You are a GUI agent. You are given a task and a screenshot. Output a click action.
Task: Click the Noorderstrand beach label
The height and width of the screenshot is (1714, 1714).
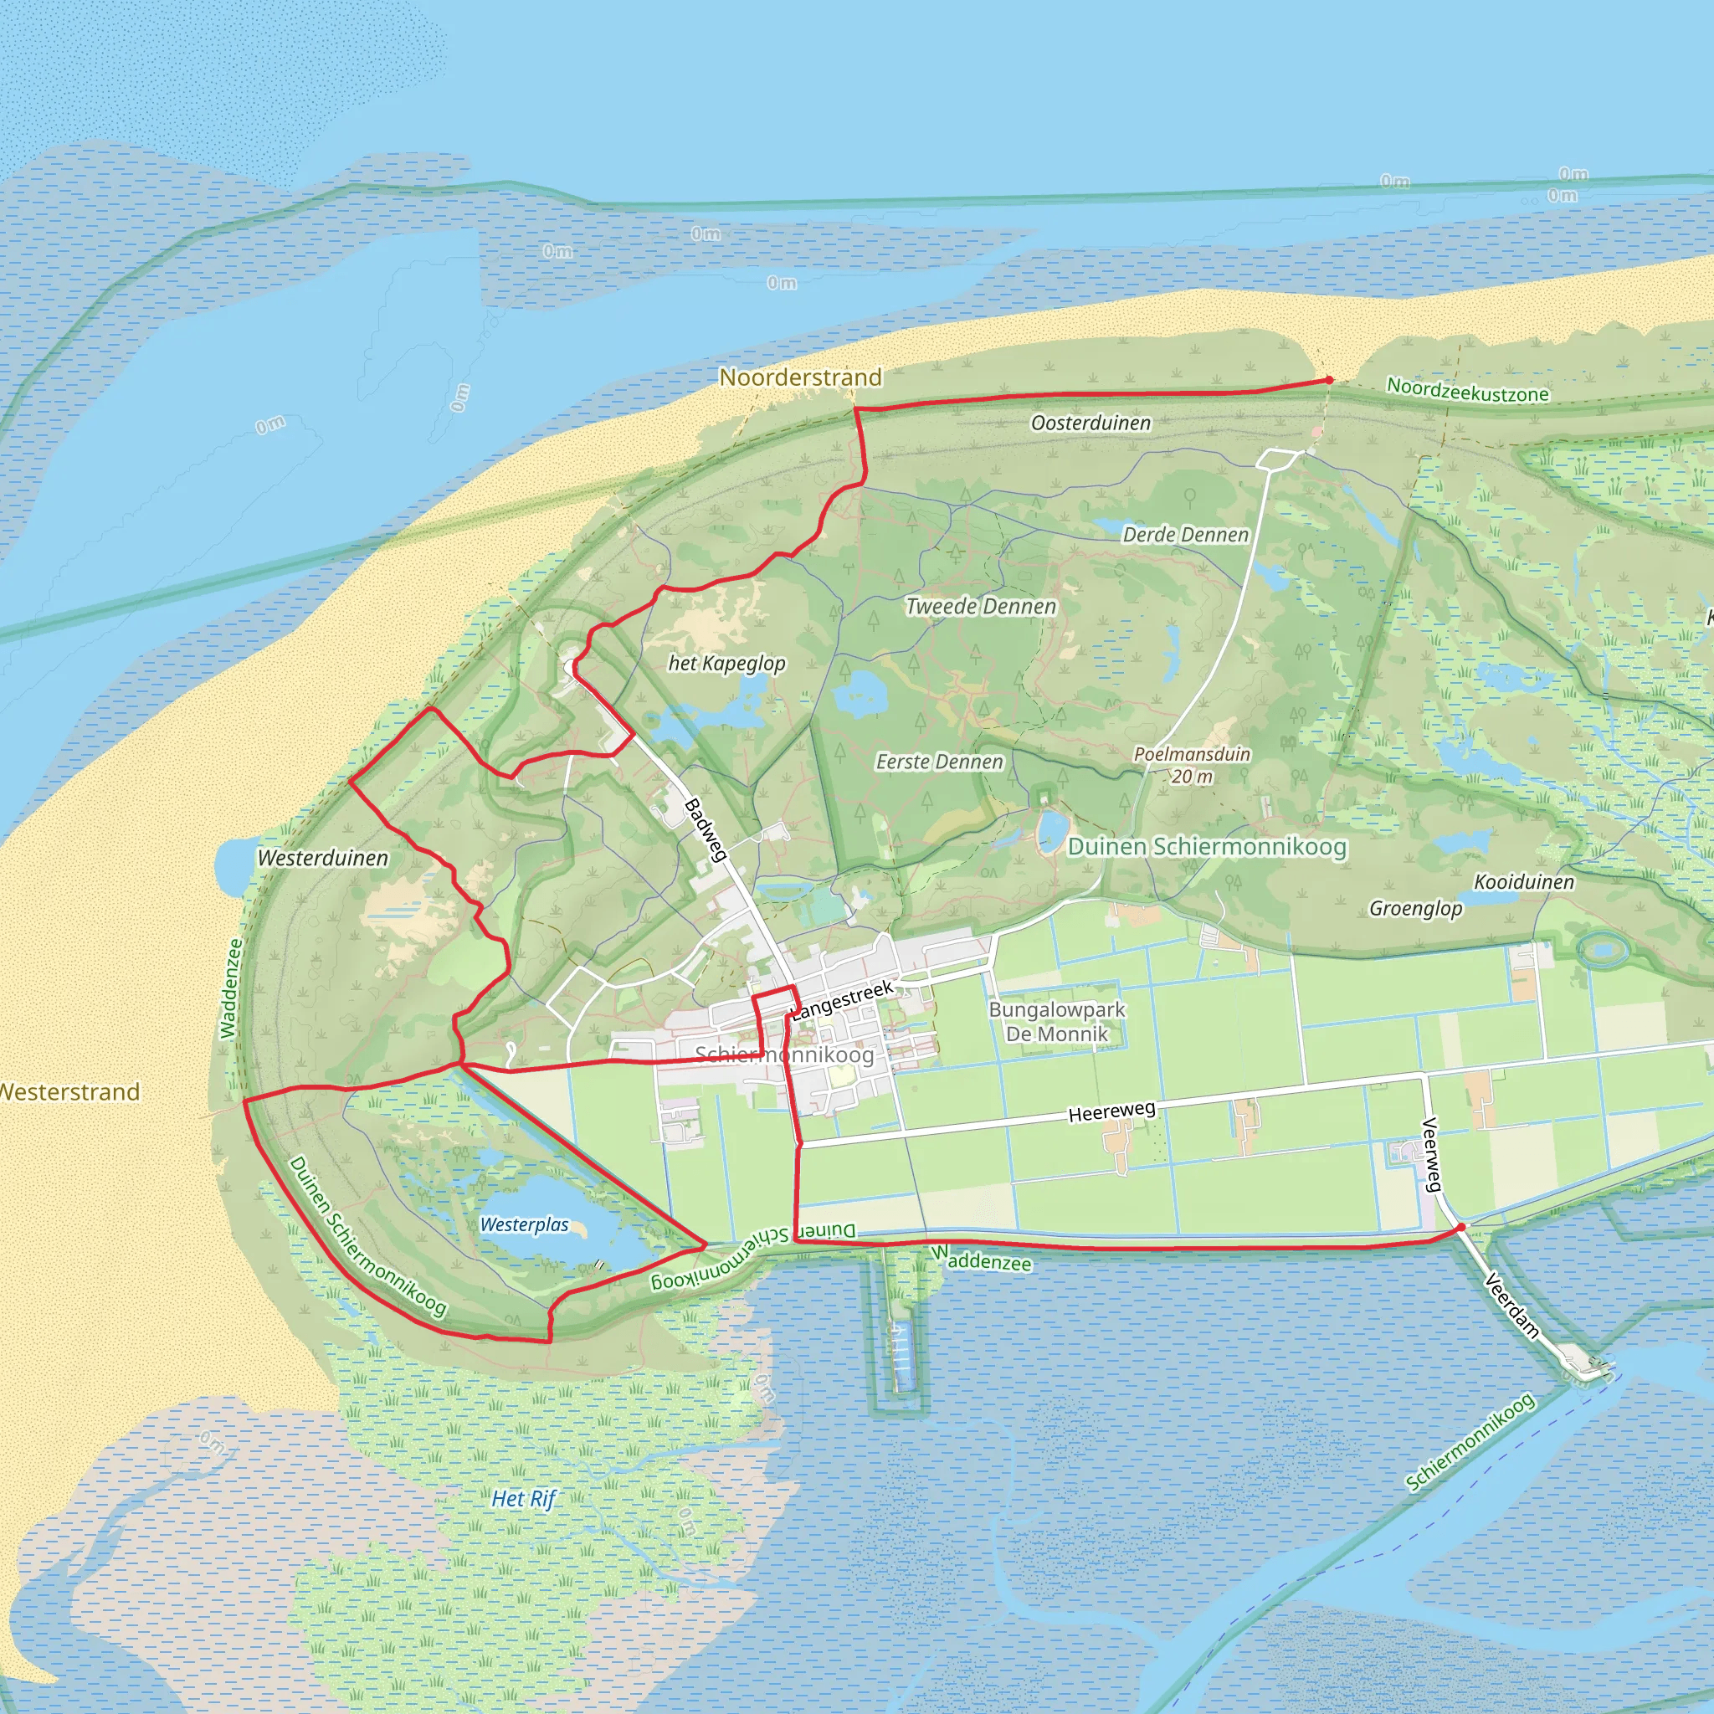pos(800,378)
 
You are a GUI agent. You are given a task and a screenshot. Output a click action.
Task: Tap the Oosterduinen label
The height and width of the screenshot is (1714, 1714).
pos(1090,423)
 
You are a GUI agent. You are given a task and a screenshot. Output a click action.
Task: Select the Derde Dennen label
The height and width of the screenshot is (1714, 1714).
pos(1185,535)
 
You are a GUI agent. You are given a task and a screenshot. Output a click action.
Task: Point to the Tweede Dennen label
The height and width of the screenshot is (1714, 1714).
pos(980,607)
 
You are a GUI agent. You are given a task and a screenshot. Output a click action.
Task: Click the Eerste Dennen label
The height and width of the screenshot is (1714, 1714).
pos(940,762)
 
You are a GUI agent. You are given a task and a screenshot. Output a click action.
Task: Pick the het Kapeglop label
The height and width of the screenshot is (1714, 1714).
pos(726,664)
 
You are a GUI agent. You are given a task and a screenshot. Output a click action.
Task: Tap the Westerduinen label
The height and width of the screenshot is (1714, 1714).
pos(323,859)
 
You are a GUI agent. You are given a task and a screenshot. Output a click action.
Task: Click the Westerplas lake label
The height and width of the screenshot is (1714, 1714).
pos(524,1225)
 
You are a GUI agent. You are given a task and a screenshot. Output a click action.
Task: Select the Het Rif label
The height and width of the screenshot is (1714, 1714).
pos(523,1499)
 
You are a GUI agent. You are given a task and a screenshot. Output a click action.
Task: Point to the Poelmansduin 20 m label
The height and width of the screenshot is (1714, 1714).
pos(1193,766)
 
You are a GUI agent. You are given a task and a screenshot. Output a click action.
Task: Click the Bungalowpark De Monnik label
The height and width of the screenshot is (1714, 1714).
pos(1057,1022)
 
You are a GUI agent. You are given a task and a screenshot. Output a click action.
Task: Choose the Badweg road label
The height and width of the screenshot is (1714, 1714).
pos(706,829)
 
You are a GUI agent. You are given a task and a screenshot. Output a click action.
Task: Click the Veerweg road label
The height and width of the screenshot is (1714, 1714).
pos(1431,1154)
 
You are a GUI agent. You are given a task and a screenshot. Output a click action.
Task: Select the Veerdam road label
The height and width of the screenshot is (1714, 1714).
pos(1511,1305)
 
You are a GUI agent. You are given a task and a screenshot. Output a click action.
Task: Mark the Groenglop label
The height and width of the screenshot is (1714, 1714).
pos(1416,908)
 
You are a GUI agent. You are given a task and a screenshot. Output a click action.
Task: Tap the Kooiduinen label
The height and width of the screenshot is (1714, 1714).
pos(1524,883)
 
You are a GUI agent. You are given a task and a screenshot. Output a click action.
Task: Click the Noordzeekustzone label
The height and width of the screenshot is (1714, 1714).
pos(1468,390)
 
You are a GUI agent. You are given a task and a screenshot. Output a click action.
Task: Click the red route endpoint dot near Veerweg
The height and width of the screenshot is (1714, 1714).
pos(1461,1228)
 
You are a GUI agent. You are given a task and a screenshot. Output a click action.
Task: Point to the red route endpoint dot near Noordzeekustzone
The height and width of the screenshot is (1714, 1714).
pos(1329,381)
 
